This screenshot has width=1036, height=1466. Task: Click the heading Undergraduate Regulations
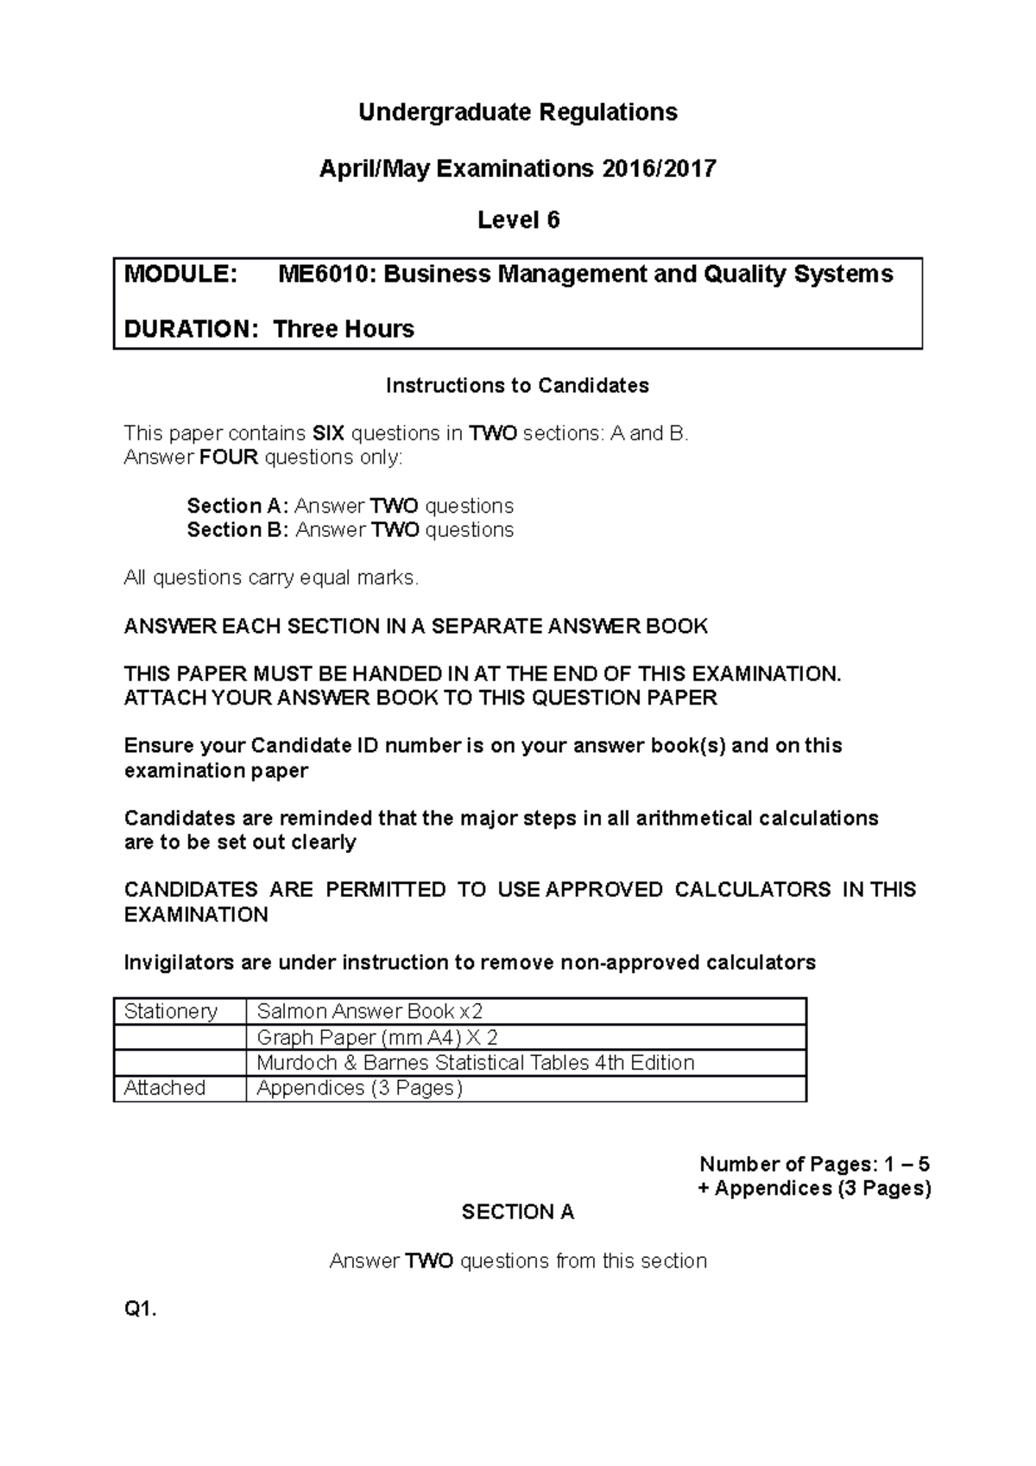click(518, 113)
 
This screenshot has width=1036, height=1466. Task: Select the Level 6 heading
click(518, 221)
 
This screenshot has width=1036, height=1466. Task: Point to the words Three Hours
click(344, 329)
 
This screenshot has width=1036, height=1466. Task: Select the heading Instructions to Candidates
click(517, 386)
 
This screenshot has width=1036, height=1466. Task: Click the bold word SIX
click(328, 433)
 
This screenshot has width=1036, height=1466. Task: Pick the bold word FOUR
click(229, 458)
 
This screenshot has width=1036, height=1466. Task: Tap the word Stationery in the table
click(171, 1012)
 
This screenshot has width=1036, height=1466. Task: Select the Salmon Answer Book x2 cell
click(370, 1012)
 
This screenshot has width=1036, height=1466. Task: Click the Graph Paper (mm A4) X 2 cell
click(377, 1038)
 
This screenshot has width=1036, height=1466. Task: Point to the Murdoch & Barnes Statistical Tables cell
click(476, 1063)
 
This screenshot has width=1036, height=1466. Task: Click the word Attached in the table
click(165, 1088)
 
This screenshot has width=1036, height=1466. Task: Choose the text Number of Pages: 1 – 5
click(814, 1164)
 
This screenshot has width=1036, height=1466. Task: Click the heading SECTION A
click(518, 1212)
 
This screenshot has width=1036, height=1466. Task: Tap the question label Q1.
click(141, 1310)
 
